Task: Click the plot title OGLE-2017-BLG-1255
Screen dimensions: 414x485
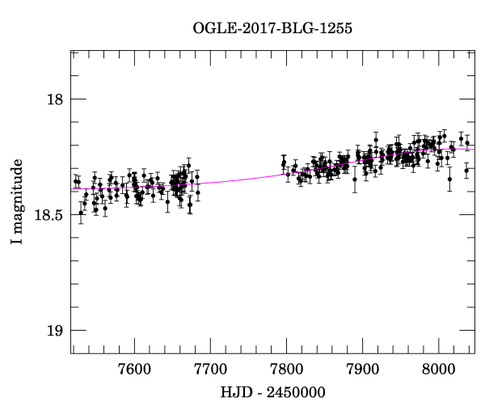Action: click(272, 28)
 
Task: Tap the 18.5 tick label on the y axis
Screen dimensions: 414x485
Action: click(49, 215)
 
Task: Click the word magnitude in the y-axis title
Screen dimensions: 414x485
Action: click(17, 208)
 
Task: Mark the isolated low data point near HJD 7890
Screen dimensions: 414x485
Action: click(354, 180)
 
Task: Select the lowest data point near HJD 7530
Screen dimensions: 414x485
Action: click(80, 213)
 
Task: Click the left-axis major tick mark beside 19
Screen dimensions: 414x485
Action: click(75, 331)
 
